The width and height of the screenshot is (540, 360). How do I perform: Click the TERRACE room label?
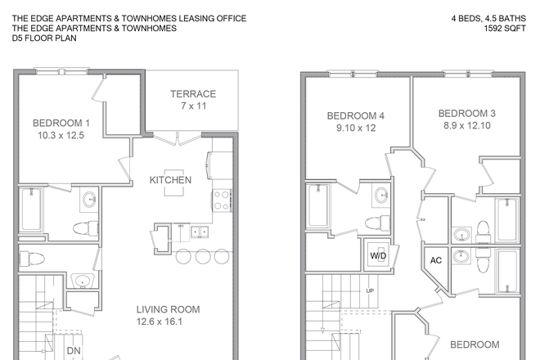coord(193,94)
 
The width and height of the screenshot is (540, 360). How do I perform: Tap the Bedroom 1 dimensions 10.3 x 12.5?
coord(61,135)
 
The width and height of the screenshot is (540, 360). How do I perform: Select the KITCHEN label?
coord(170,180)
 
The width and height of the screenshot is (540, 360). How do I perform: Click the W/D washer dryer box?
coord(378,255)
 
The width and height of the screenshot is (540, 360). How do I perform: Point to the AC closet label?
coord(435,260)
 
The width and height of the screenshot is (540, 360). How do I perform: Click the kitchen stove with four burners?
coord(222,200)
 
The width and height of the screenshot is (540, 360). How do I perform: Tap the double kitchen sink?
coord(200,232)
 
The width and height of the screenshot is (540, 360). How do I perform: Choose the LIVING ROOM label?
coord(168,309)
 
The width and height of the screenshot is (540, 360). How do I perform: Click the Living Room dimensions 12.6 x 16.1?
coord(160,322)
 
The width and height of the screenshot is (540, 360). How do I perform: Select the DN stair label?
coord(74,351)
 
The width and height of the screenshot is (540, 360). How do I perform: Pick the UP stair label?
coord(370,290)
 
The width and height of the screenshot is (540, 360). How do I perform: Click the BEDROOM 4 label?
coord(356,115)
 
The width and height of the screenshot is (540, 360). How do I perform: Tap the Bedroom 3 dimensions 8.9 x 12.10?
coord(467,125)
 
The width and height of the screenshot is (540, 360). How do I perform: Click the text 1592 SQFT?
coord(505,29)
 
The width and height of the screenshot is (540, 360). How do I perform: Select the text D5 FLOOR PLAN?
coord(44,38)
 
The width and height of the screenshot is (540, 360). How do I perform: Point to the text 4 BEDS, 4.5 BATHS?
coord(488,18)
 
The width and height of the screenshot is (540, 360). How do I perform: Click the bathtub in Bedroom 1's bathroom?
coord(31,209)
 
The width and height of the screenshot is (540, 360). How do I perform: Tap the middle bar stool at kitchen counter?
coord(203,257)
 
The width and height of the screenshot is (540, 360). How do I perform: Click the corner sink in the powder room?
coord(83,281)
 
